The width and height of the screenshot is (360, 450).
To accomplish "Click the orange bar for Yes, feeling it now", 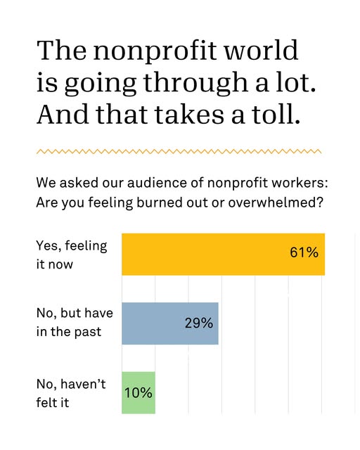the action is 223,255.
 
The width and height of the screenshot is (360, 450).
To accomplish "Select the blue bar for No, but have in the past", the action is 170,323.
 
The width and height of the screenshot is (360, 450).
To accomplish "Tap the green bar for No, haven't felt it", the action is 139,392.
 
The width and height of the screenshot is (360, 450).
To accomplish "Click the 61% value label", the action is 304,252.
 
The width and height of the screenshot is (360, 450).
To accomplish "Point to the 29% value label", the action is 199,323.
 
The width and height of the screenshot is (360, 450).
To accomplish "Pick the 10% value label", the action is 138,392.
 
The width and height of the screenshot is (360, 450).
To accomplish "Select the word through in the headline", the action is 195,84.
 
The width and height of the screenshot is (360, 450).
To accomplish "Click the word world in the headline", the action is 262,50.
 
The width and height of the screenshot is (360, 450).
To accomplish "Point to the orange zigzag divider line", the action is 179,151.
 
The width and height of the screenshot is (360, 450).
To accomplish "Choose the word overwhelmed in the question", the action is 276,202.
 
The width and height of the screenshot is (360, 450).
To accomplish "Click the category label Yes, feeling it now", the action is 72,255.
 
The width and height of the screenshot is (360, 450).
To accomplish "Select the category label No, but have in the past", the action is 75,322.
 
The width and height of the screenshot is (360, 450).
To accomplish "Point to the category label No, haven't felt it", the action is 71,393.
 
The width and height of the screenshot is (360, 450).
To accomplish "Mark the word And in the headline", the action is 63,114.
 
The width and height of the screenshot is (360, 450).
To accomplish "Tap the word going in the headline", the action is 100,84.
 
